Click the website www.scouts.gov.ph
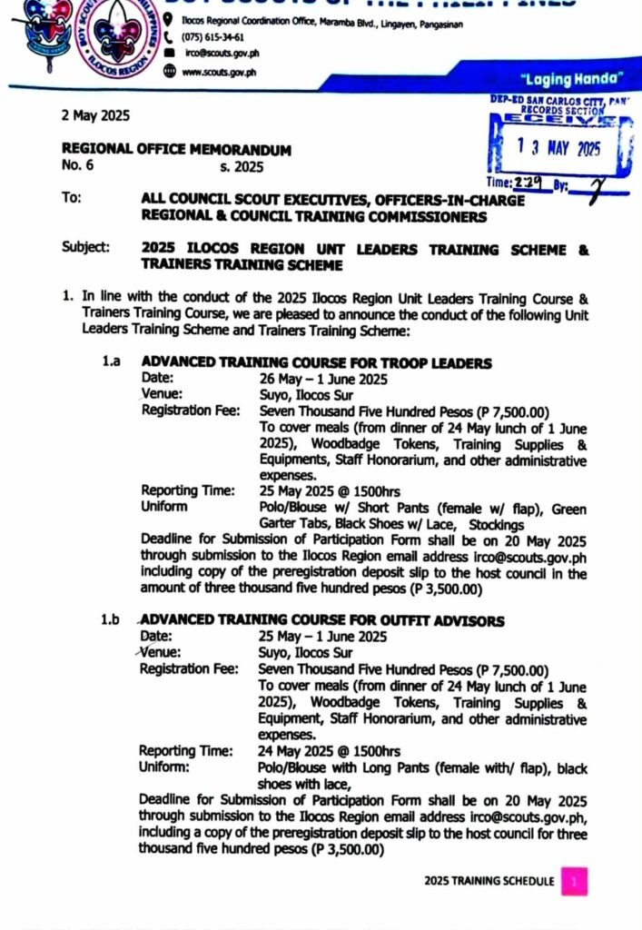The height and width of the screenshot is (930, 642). pyautogui.click(x=219, y=72)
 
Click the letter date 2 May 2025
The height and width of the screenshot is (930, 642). pyautogui.click(x=95, y=115)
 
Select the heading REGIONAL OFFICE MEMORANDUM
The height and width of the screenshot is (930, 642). pyautogui.click(x=176, y=150)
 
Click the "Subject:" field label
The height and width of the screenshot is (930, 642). pyautogui.click(x=86, y=247)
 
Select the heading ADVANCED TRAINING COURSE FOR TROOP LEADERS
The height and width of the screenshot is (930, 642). pyautogui.click(x=317, y=363)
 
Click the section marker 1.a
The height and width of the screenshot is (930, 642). pyautogui.click(x=111, y=362)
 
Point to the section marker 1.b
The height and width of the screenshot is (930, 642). pyautogui.click(x=111, y=621)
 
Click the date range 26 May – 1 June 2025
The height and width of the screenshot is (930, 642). pyautogui.click(x=324, y=379)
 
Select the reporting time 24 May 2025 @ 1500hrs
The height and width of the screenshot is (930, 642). pyautogui.click(x=329, y=751)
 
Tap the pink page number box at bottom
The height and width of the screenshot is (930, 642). pyautogui.click(x=574, y=881)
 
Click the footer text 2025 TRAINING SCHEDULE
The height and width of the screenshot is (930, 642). pyautogui.click(x=489, y=881)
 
